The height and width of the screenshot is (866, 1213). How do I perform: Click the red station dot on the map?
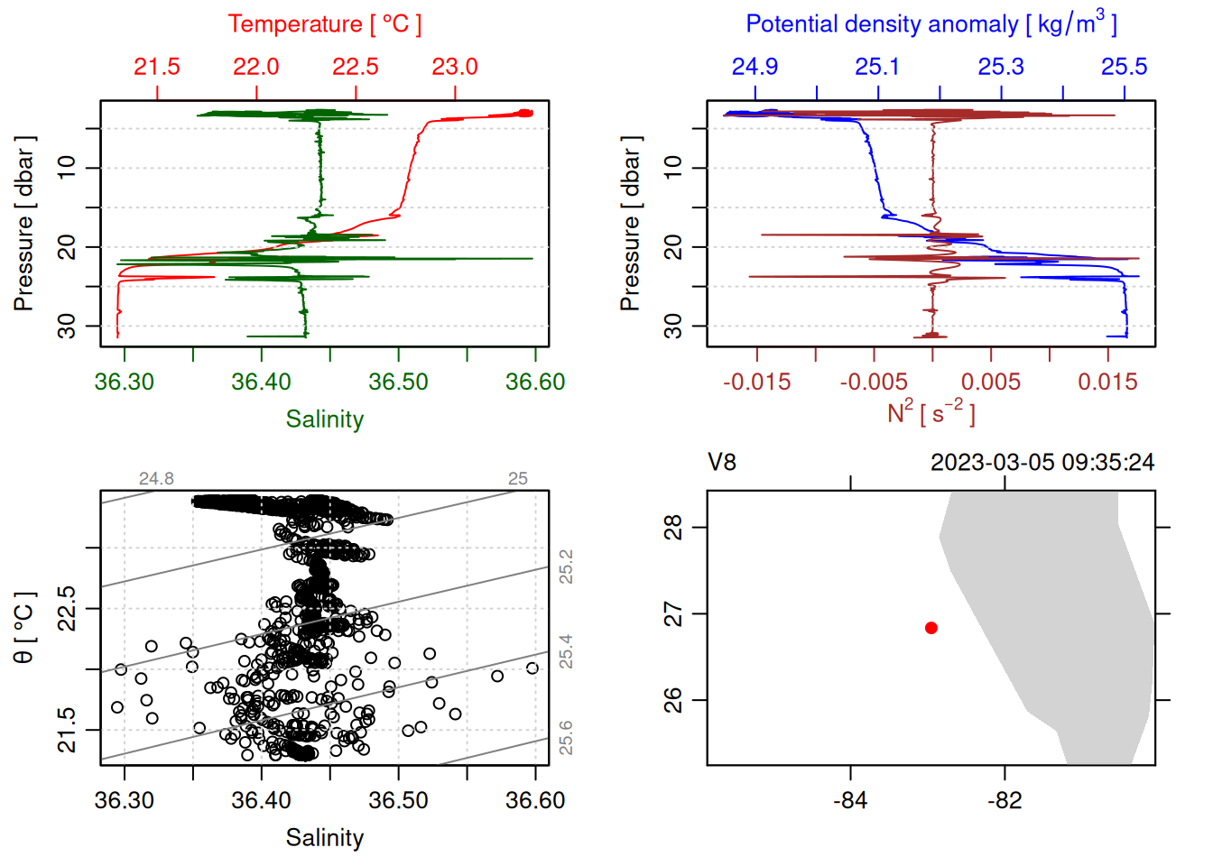pyautogui.click(x=931, y=628)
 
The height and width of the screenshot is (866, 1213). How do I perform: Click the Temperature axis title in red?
pyautogui.click(x=324, y=24)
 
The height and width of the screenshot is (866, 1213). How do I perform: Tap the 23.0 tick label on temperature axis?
pyautogui.click(x=454, y=67)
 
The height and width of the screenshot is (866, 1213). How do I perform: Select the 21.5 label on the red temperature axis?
pyautogui.click(x=157, y=67)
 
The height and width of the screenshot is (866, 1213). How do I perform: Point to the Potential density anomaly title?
pyautogui.click(x=931, y=23)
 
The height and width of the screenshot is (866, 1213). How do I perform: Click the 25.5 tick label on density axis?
pyautogui.click(x=1124, y=67)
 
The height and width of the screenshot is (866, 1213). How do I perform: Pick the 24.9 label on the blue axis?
pyautogui.click(x=755, y=67)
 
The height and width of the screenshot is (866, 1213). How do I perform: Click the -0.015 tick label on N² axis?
pyautogui.click(x=756, y=382)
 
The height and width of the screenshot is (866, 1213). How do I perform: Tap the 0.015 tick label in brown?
pyautogui.click(x=1107, y=382)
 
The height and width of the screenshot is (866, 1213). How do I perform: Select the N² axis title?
pyautogui.click(x=931, y=412)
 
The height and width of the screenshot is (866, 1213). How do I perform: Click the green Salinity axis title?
pyautogui.click(x=324, y=419)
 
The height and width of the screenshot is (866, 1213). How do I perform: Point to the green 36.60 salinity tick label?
pyautogui.click(x=534, y=382)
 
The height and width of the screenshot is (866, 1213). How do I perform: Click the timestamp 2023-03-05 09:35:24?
pyautogui.click(x=1042, y=463)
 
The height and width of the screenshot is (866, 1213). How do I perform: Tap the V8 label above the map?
pyautogui.click(x=722, y=463)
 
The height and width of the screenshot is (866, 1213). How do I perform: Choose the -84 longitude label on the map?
pyautogui.click(x=850, y=800)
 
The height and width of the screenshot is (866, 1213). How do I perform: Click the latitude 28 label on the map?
pyautogui.click(x=673, y=527)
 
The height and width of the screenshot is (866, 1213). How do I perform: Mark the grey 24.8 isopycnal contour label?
pyautogui.click(x=156, y=479)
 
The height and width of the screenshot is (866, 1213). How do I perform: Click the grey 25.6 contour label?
pyautogui.click(x=566, y=738)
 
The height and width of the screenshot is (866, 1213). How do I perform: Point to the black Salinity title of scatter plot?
pyautogui.click(x=324, y=838)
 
